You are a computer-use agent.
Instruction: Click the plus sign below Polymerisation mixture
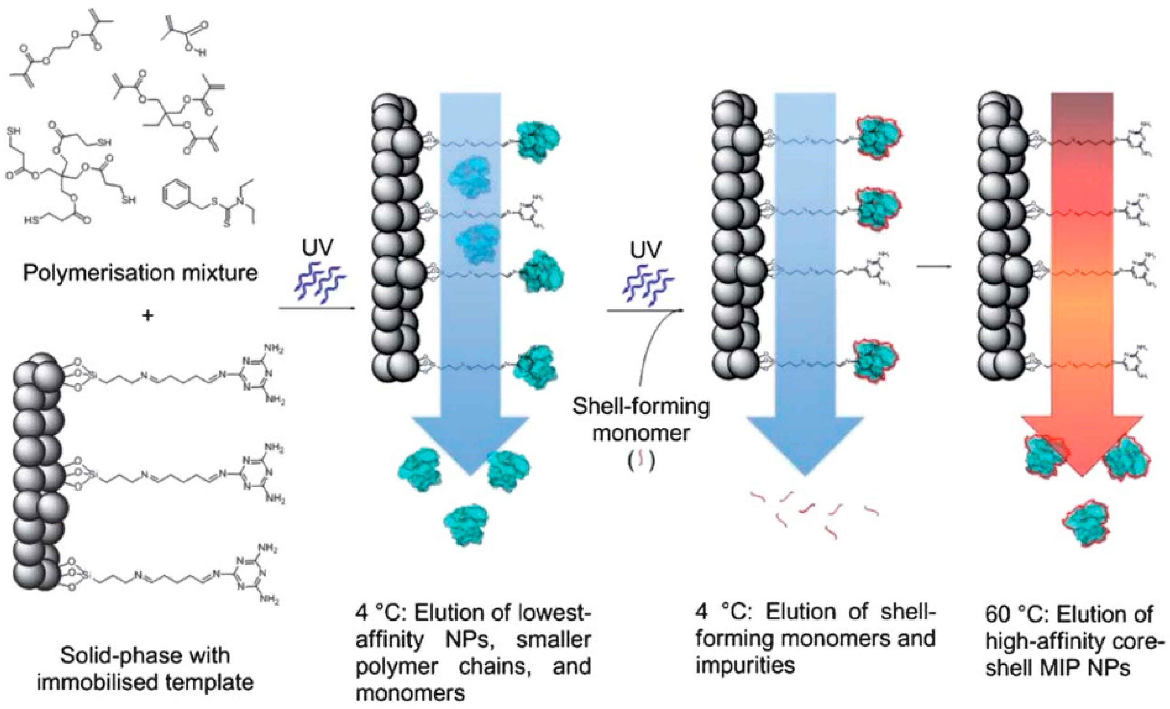[148, 316]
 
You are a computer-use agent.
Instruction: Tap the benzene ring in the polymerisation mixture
[175, 205]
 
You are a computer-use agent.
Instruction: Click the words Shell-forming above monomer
[641, 407]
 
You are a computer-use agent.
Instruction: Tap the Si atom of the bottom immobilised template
[86, 575]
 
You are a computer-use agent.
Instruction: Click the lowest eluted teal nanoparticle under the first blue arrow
[466, 523]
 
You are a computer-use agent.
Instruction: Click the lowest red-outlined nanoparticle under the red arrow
[1087, 522]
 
